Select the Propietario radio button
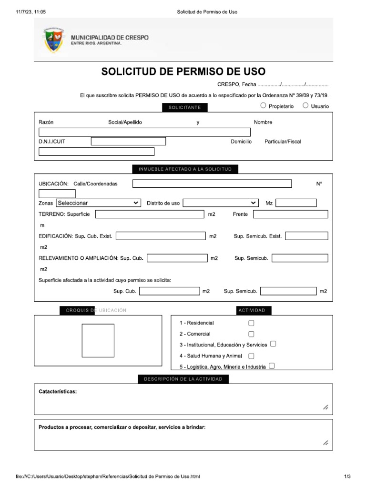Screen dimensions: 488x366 pos(264,106)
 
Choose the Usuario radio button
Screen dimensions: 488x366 pos(305,106)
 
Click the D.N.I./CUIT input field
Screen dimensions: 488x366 pos(128,142)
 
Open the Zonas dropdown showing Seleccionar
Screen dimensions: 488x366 pos(98,203)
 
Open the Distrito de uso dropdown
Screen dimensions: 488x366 pos(221,203)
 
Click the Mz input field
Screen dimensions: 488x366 pos(295,203)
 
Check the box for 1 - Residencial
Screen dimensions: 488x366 pos(251,323)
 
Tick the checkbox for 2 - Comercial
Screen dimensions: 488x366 pos(251,334)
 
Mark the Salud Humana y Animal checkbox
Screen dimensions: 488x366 pos(251,356)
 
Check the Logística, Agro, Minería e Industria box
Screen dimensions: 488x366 pos(272,366)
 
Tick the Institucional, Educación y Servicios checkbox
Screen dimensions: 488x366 pos(273,344)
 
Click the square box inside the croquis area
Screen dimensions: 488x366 pos(98,340)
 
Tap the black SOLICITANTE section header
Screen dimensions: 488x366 pos(184,108)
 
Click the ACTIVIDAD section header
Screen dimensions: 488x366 pos(252,311)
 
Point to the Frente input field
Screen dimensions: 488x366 pos(290,214)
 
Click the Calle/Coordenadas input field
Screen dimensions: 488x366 pos(212,184)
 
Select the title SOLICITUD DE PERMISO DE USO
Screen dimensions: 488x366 pos(183,72)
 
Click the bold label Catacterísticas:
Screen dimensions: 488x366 pos(58,392)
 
